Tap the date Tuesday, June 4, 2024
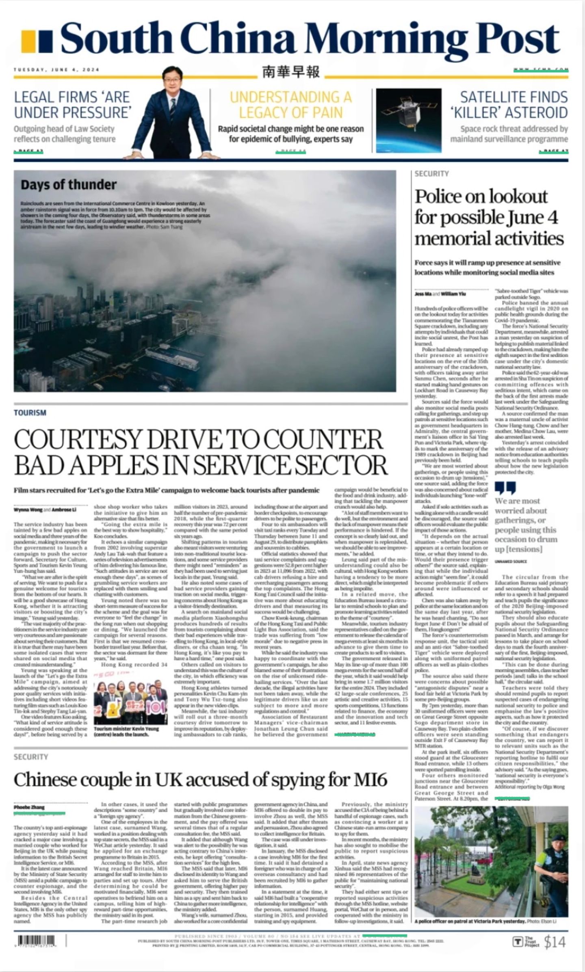click(x=56, y=70)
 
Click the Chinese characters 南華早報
click(x=291, y=72)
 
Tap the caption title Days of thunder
click(x=68, y=185)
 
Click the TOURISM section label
click(x=30, y=413)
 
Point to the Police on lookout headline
click(x=489, y=217)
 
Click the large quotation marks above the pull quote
click(x=505, y=488)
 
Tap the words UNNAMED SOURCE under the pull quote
click(x=510, y=562)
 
